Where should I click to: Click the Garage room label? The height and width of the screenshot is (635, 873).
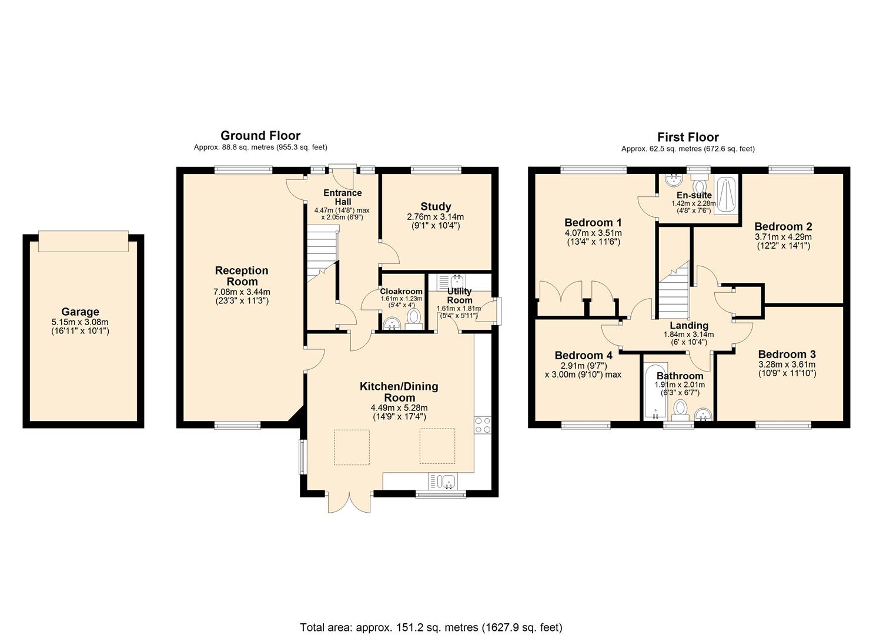pos(80,312)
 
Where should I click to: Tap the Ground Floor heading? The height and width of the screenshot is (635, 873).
pos(260,136)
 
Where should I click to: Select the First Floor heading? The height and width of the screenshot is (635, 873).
pos(688,137)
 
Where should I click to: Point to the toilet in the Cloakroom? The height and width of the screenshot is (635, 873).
pos(414,317)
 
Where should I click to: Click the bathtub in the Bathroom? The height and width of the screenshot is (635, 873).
pos(654,392)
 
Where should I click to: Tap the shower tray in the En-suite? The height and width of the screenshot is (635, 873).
pos(726,196)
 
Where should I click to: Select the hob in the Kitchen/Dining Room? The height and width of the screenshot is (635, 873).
pos(483,425)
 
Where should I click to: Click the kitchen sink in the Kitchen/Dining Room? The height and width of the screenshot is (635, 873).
pos(444,482)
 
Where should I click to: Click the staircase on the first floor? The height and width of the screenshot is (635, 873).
pos(673,291)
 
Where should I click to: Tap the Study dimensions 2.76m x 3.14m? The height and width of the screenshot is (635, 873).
pos(435,217)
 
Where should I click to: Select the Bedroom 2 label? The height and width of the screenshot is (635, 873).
pos(783,226)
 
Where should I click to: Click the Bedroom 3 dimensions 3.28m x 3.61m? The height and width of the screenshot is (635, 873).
pos(787,365)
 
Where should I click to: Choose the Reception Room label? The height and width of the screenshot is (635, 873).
pos(242,276)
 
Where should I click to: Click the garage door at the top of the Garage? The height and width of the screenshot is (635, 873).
pos(83,241)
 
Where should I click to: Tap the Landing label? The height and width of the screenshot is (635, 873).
pos(689,325)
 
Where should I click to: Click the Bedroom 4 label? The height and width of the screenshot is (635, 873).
pos(583,355)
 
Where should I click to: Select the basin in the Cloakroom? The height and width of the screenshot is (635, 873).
pos(391,323)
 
